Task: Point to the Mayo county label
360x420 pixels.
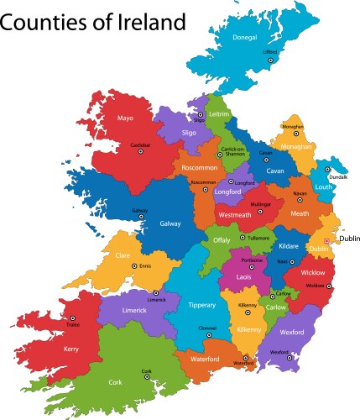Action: tap(126, 118)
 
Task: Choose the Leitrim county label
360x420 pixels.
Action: tap(219, 113)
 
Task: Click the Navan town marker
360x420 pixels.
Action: tap(300, 200)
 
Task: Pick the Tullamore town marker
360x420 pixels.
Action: tap(243, 238)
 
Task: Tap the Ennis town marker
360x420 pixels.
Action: tap(133, 266)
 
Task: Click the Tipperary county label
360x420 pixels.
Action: tap(201, 304)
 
